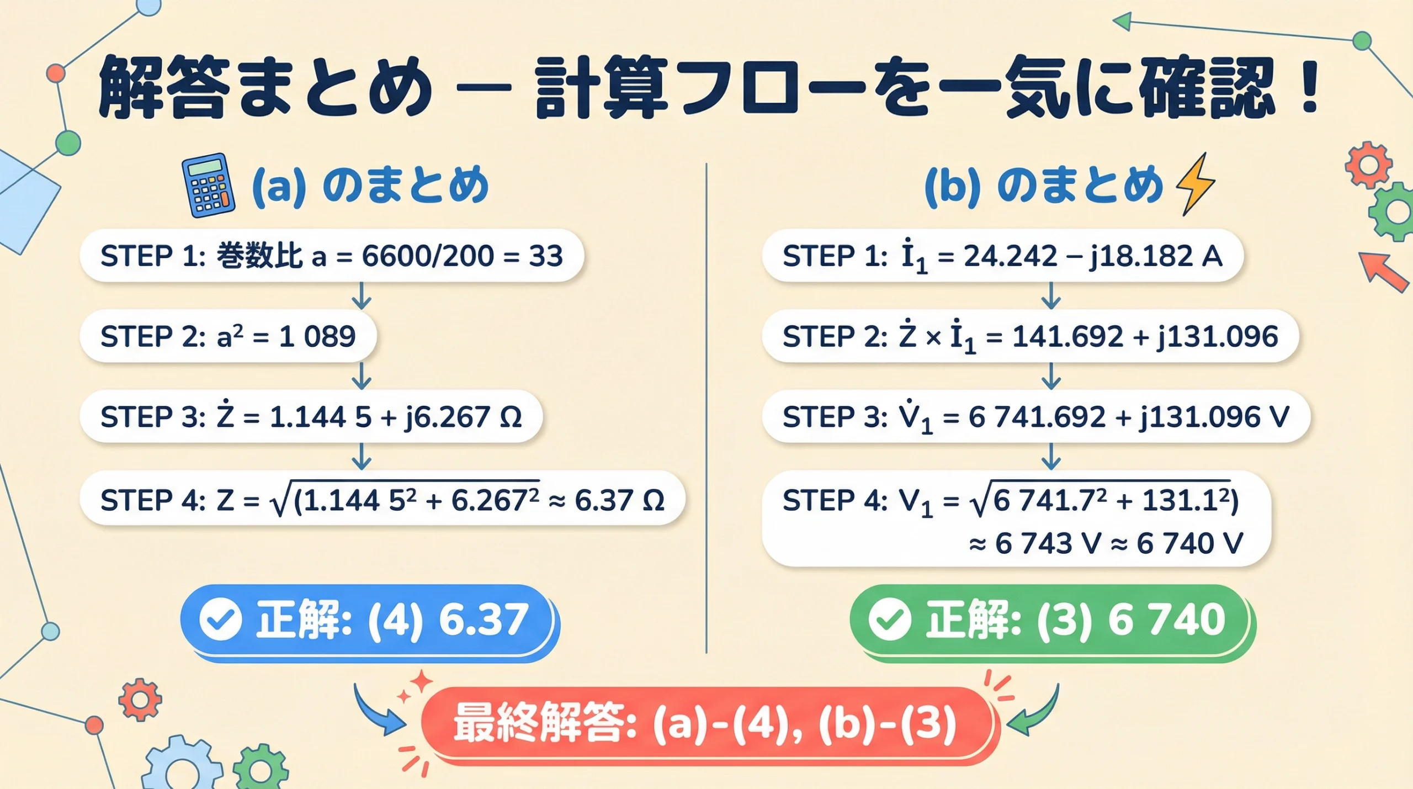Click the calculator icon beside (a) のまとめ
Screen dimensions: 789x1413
click(x=209, y=186)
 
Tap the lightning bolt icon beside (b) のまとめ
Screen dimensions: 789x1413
click(x=1196, y=184)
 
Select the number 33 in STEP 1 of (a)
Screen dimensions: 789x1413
click(x=545, y=256)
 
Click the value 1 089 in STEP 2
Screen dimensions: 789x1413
click(x=317, y=336)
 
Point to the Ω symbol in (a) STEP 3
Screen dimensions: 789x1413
click(x=510, y=417)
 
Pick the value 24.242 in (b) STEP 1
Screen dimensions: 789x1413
click(x=1010, y=256)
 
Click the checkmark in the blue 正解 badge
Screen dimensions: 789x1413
click(x=220, y=619)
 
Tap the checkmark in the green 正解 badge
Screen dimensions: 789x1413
click(x=889, y=619)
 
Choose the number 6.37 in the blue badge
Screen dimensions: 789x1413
click(x=483, y=619)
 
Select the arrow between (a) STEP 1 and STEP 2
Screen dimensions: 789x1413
click(x=362, y=296)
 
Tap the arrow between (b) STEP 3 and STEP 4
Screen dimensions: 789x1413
click(x=1051, y=457)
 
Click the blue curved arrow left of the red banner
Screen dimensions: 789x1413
click(x=378, y=711)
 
